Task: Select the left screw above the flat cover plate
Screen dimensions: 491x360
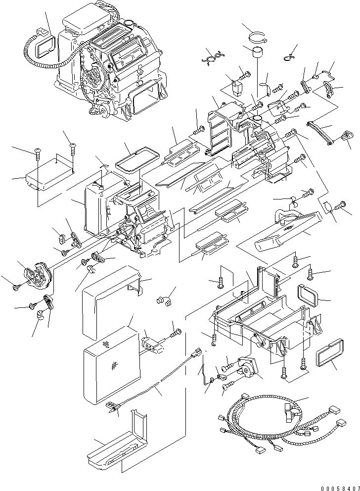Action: click(x=38, y=153)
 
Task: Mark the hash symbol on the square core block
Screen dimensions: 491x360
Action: click(x=114, y=366)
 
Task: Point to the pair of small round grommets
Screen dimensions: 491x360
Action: click(x=164, y=300)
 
